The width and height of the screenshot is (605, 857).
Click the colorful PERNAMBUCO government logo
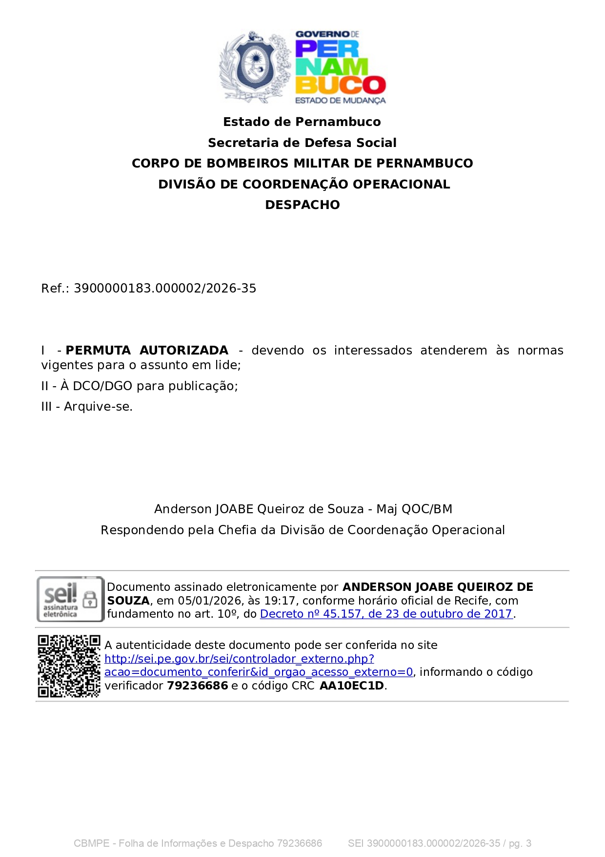[x=340, y=67]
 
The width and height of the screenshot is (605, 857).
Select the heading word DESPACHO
[x=302, y=205]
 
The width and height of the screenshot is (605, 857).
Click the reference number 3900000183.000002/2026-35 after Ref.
[x=165, y=289]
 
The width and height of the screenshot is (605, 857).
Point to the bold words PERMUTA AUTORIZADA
[x=147, y=351]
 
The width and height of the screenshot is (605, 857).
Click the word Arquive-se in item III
[x=98, y=407]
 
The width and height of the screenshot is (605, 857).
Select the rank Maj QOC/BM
[x=414, y=509]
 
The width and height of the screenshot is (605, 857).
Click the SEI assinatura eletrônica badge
[x=70, y=599]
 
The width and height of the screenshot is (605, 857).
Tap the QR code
[x=69, y=666]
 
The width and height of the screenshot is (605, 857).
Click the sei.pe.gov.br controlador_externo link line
[x=239, y=659]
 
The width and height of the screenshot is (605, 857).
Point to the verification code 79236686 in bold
[x=198, y=686]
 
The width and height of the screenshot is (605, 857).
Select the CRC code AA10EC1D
[x=352, y=686]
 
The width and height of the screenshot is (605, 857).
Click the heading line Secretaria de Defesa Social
[x=302, y=143]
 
